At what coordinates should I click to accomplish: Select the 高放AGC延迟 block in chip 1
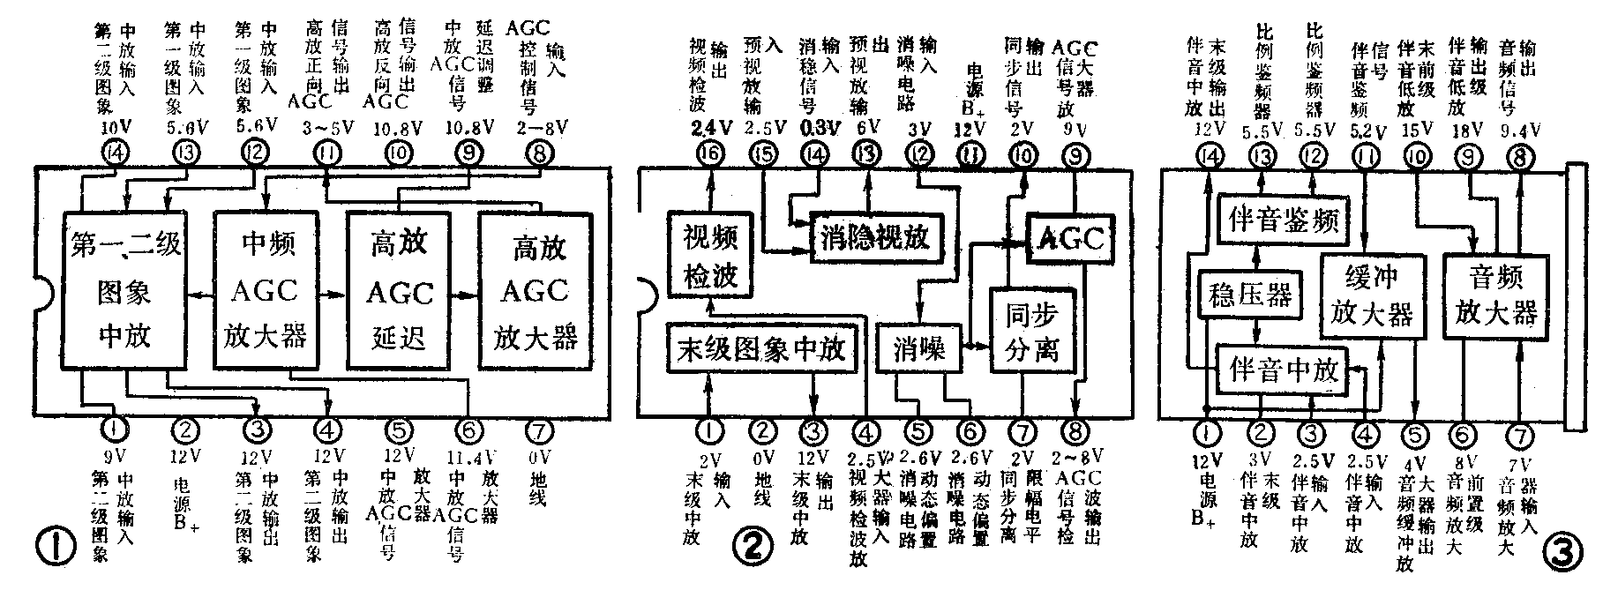point(400,289)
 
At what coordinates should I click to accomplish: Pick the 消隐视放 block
point(876,237)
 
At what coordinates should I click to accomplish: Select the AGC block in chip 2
point(1069,236)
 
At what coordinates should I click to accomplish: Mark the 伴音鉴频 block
point(1284,218)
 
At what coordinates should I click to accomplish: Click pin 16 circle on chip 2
point(709,154)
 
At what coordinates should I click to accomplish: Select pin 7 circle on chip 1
point(538,431)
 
